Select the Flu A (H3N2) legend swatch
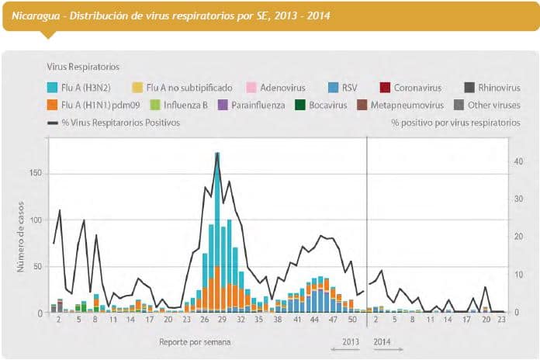pyautogui.click(x=53, y=87)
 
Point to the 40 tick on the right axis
pyautogui.click(x=518, y=161)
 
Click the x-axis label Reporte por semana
pyautogui.click(x=195, y=341)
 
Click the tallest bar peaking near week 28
pyautogui.click(x=217, y=233)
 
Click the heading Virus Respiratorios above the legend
pyautogui.click(x=83, y=67)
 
